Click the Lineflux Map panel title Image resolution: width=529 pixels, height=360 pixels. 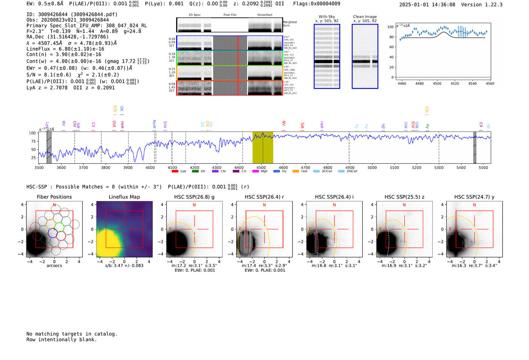[x=124, y=197]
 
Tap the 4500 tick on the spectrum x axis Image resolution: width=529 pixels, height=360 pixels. [x=261, y=167]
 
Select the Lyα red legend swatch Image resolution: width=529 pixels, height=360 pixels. [x=175, y=171]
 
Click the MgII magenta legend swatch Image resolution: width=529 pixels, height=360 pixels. [x=255, y=171]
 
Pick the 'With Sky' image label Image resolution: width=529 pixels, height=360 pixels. [x=326, y=17]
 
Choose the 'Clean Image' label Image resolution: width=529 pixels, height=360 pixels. [x=365, y=17]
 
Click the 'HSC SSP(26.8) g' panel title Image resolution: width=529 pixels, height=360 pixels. [x=194, y=197]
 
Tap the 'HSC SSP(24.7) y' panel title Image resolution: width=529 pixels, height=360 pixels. [x=474, y=197]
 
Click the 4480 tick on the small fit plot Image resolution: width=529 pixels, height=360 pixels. [x=419, y=83]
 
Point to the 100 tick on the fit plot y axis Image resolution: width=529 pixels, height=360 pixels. [x=390, y=27]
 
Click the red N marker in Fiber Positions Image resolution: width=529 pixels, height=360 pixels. [x=54, y=205]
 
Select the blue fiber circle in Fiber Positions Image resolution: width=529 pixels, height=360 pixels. [x=53, y=233]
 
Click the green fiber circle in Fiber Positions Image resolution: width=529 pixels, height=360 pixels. [x=59, y=227]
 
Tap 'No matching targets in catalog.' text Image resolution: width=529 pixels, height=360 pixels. [x=72, y=334]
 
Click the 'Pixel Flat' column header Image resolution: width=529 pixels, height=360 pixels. [x=230, y=15]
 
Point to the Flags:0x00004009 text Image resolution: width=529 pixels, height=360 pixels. [x=316, y=4]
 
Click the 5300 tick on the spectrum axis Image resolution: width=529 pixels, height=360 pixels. [x=439, y=167]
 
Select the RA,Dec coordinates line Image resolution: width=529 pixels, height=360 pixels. [x=67, y=37]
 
